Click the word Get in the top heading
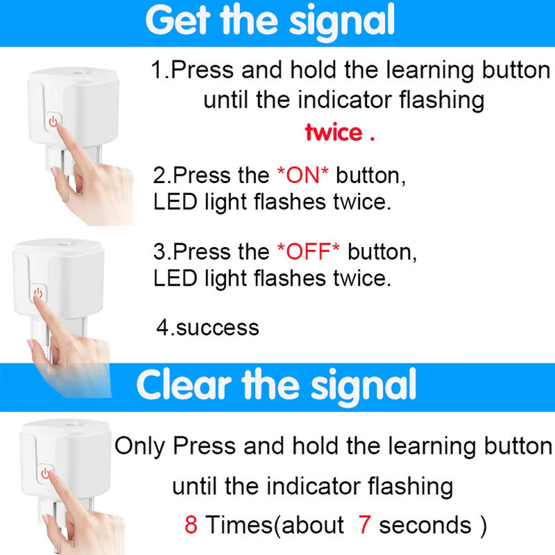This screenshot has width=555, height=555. click(x=178, y=21)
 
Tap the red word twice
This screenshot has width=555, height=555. click(x=334, y=133)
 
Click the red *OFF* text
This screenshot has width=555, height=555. click(x=308, y=251)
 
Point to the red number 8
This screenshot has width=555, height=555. click(x=191, y=524)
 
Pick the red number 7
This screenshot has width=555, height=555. click(x=365, y=524)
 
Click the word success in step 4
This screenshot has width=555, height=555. click(x=217, y=327)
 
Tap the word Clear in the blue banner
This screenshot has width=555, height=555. click(x=184, y=385)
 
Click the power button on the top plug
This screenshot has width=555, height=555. click(x=53, y=121)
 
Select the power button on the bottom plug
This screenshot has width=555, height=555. click(x=46, y=472)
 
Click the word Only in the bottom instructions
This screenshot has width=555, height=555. click(x=140, y=446)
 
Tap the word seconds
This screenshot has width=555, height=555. click(x=425, y=525)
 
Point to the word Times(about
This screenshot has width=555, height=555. click(x=275, y=525)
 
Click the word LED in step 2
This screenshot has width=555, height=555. click(x=175, y=202)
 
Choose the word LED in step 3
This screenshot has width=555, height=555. click(x=175, y=278)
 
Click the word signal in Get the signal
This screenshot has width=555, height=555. click(x=342, y=22)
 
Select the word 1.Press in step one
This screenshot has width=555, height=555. click(x=192, y=70)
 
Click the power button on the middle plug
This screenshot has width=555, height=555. click(x=38, y=292)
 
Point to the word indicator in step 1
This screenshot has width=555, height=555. click(x=345, y=100)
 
